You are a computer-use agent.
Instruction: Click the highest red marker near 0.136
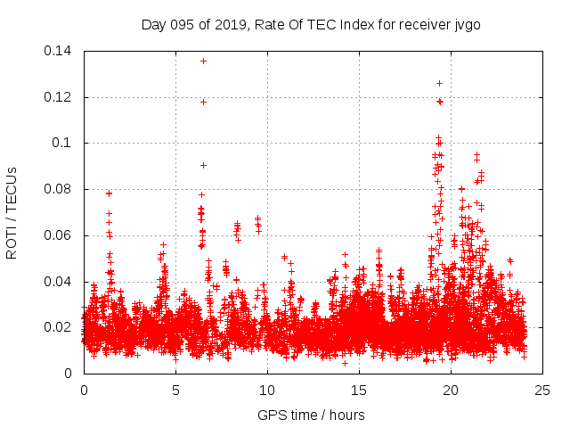[x=203, y=61]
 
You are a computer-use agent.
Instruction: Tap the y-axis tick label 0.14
[x=59, y=51]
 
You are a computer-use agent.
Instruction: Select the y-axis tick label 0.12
[x=59, y=97]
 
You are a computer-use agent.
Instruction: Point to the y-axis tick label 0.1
[x=64, y=143]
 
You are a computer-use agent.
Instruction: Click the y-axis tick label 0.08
[x=59, y=189]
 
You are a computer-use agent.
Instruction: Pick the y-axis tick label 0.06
[x=59, y=235]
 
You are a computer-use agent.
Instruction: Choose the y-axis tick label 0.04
[x=59, y=282]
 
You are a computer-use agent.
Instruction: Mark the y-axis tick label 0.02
[x=59, y=327]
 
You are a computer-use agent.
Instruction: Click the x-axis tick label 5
[x=175, y=390]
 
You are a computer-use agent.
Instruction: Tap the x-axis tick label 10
[x=267, y=390]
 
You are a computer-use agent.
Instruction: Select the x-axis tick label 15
[x=359, y=390]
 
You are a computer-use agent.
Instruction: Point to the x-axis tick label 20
[x=451, y=390]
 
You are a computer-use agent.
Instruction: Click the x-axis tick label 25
[x=542, y=390]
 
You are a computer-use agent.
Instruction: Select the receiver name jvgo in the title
[x=467, y=24]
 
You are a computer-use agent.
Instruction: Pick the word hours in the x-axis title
[x=346, y=415]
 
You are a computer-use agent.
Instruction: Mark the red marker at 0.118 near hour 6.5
[x=203, y=102]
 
